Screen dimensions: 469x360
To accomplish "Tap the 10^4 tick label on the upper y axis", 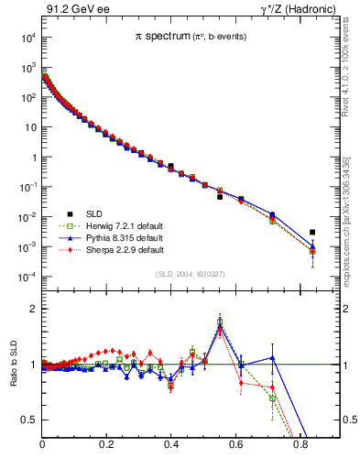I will tap(27, 38).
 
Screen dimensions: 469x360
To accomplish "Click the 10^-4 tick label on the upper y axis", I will tap(26, 277).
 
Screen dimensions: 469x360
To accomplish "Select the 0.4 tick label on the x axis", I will tap(171, 448).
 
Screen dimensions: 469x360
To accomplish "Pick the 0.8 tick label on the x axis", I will tap(300, 448).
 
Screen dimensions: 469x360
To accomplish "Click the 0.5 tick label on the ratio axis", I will tap(28, 420).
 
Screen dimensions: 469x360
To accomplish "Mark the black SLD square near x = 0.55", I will tap(220, 197).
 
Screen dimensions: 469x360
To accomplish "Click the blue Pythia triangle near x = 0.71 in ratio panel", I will tap(272, 357).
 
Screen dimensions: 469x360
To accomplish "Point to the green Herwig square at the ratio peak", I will tap(220, 322).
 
